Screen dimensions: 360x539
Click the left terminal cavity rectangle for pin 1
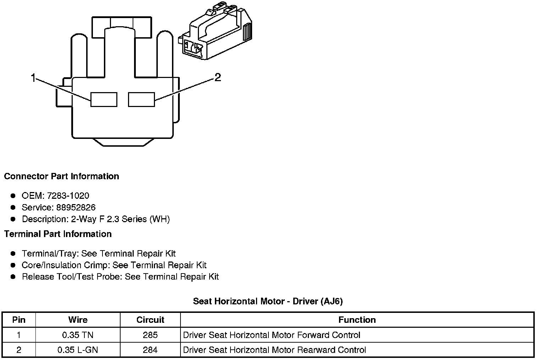click(x=104, y=99)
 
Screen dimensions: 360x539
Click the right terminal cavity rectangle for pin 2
click(x=141, y=99)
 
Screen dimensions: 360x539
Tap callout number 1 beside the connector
click(x=33, y=78)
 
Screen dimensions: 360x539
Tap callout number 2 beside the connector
click(x=218, y=77)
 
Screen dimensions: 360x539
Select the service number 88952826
click(x=76, y=207)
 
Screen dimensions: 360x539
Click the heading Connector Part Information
click(x=61, y=176)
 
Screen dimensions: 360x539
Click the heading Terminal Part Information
click(x=58, y=234)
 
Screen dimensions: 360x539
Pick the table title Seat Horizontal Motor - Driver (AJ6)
click(x=268, y=301)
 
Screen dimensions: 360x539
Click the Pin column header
click(x=19, y=320)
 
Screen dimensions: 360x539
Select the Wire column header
click(x=78, y=320)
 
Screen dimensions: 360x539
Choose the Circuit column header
click(x=150, y=320)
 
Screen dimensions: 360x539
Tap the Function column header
click(x=357, y=320)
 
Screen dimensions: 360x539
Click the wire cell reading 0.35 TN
click(x=78, y=335)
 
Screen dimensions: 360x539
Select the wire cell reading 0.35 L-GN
click(x=78, y=350)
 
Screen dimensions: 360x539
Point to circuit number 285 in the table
click(x=150, y=335)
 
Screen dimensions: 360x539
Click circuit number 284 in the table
click(x=150, y=350)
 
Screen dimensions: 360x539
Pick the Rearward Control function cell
click(x=274, y=350)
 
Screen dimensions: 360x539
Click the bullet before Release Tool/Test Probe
click(x=13, y=277)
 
